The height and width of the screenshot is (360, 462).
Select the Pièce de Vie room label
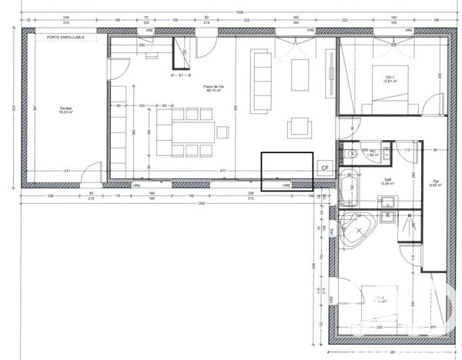[215, 88]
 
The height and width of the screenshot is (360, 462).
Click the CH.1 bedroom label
[390, 78]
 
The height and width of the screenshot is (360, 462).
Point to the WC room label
[372, 152]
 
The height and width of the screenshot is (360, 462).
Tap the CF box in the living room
[324, 167]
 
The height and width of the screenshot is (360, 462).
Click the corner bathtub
[356, 228]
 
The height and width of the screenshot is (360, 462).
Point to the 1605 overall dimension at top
[239, 12]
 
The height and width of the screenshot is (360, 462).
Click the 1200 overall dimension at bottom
[202, 205]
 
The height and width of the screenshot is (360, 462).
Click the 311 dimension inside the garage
[67, 171]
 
